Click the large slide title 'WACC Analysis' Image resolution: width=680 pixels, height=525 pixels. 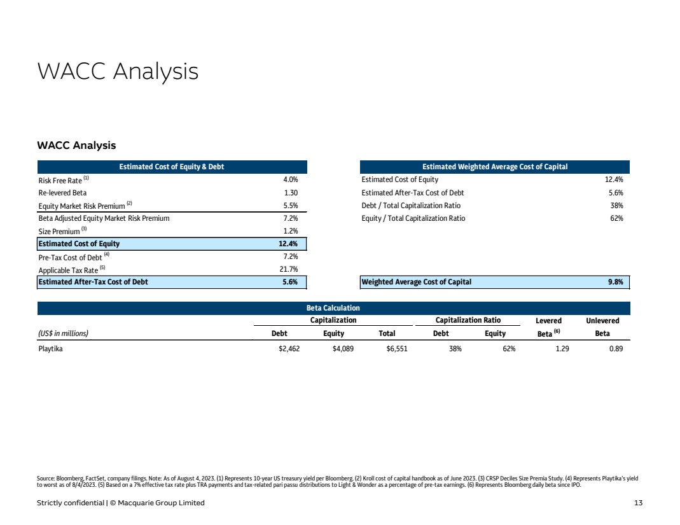118,72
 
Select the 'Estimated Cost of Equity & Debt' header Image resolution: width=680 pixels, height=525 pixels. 172,167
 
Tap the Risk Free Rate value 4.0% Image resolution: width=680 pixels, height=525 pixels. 290,179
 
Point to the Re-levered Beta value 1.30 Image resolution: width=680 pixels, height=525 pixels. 291,192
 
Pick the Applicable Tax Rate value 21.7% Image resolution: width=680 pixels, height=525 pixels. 289,269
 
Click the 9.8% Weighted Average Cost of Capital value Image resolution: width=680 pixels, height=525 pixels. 614,282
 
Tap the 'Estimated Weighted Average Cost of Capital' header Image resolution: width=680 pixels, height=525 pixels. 495,167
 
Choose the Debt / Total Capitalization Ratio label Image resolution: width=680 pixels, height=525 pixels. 411,206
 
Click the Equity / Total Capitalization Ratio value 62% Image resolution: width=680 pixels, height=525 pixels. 616,218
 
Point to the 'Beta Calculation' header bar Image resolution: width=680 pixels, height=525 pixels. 333,308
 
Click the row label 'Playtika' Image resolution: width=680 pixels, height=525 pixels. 51,349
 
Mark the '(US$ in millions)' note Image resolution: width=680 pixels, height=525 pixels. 64,333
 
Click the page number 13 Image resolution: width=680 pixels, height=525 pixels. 638,503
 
